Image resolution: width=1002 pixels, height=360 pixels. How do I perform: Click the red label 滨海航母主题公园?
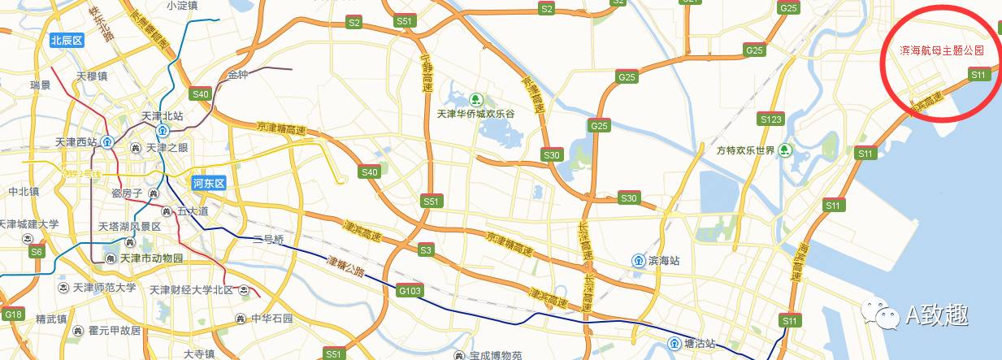[x=942, y=50]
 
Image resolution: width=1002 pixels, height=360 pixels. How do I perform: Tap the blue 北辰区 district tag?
[x=67, y=40]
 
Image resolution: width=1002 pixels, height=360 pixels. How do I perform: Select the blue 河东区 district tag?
[x=208, y=183]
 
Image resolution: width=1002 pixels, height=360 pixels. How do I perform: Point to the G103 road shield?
[x=410, y=289]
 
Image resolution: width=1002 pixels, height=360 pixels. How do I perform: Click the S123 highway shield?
[x=770, y=119]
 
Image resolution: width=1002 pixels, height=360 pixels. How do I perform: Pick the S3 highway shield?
[x=426, y=249]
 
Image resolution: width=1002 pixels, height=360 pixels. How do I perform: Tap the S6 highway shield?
[x=37, y=252]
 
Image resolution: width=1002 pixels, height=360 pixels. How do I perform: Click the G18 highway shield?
[x=12, y=314]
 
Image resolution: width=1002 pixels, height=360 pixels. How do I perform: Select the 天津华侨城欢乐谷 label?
[x=476, y=114]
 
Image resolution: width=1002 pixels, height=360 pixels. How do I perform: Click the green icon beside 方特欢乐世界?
[x=784, y=150]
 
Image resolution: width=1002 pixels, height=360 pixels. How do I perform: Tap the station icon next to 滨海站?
[x=639, y=261]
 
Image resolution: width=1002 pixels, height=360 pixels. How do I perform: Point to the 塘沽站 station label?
[x=699, y=343]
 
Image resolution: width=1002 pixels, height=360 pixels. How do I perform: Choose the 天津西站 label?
[x=76, y=142]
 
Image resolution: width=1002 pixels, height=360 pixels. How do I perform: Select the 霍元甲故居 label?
[x=115, y=331]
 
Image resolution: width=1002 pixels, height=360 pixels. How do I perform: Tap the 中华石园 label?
[x=271, y=318]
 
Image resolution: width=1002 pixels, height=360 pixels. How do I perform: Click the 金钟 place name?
[x=237, y=75]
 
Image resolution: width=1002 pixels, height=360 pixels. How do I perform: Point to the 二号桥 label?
[x=268, y=240]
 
